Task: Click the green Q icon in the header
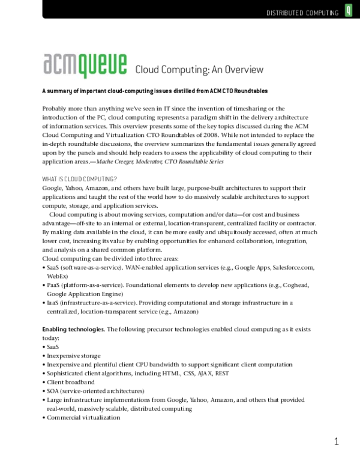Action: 349,11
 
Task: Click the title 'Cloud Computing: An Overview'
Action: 190,70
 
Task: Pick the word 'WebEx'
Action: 56,276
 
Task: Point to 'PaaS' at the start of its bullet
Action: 53,285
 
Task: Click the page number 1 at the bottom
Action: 337,443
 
